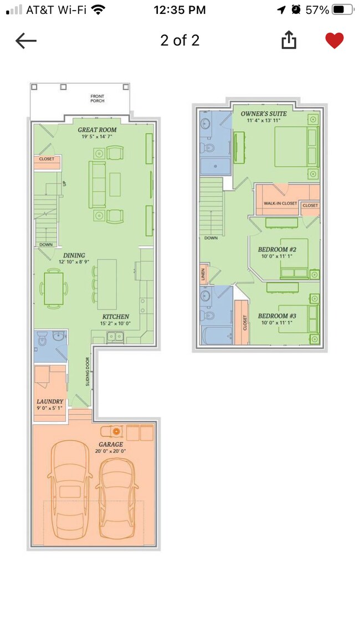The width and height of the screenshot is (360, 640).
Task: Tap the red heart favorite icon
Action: [x=334, y=40]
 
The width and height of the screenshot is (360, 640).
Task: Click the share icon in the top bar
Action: [x=289, y=40]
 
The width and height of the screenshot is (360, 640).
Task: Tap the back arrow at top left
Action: [x=25, y=40]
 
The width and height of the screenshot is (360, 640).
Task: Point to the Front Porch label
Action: [x=97, y=99]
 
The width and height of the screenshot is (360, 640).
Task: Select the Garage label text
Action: [x=111, y=444]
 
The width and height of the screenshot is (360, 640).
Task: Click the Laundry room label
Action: [x=50, y=401]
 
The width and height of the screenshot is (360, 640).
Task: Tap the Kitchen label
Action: [x=115, y=317]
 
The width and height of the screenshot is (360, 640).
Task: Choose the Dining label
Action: [x=74, y=255]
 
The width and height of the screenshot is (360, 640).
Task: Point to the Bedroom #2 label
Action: [x=277, y=249]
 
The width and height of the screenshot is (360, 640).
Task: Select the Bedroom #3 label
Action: [x=277, y=316]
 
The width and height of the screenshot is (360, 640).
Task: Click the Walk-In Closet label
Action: [x=280, y=204]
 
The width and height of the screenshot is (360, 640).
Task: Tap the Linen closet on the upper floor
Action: [x=204, y=275]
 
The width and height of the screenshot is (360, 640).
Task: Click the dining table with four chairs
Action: [x=54, y=288]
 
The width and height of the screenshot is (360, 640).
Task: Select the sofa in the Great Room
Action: [x=98, y=184]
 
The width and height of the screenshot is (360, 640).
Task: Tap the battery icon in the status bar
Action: [x=343, y=9]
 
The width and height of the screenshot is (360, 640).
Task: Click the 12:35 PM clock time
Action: [x=179, y=9]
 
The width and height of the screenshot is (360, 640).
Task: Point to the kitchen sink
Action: [x=116, y=336]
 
